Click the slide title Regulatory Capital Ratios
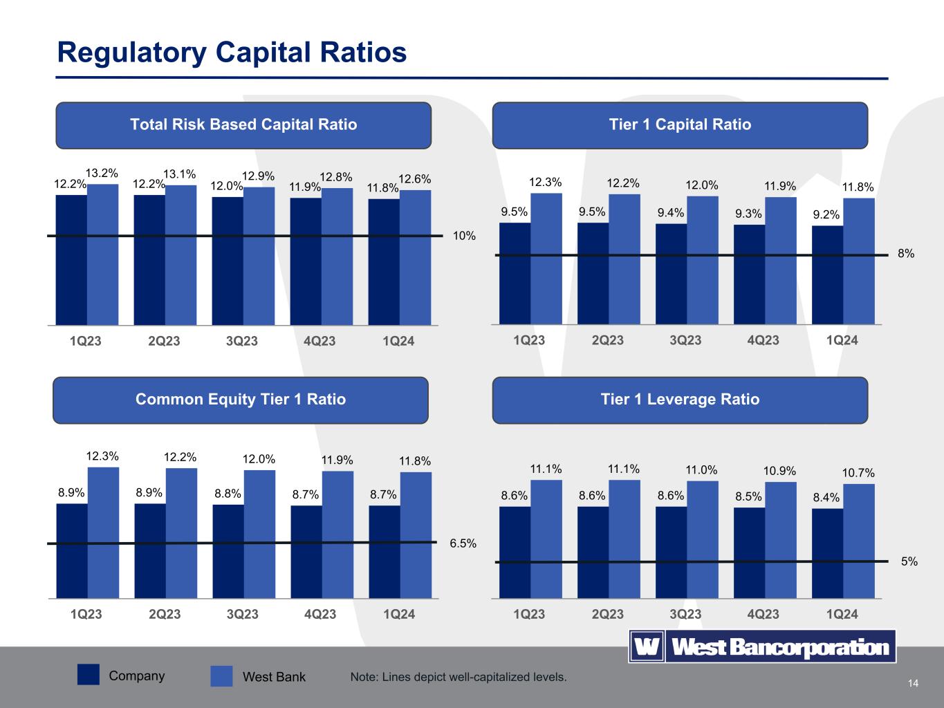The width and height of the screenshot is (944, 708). (x=232, y=53)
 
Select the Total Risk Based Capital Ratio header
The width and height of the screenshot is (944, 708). (x=243, y=124)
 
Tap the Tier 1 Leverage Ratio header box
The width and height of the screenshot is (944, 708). (x=680, y=400)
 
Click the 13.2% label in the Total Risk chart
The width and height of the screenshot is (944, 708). (x=102, y=173)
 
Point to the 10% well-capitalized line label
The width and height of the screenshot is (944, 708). (x=464, y=236)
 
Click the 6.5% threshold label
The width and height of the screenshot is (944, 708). (x=463, y=543)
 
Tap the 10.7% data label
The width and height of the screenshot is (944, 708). (x=858, y=473)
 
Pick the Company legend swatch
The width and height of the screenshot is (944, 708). (x=89, y=675)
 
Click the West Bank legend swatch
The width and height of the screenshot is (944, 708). (x=221, y=676)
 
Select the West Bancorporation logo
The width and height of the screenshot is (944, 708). (x=762, y=647)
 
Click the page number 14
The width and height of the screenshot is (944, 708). (x=913, y=684)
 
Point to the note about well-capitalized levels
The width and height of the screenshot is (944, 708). (x=459, y=677)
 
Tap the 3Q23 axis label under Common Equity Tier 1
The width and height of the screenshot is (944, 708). (x=242, y=614)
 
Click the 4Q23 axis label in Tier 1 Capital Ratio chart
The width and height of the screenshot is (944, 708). (x=763, y=340)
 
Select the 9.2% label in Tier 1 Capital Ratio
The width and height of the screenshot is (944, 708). (x=826, y=215)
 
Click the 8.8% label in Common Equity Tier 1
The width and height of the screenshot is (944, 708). (x=228, y=494)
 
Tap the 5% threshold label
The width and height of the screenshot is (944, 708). (x=909, y=562)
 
